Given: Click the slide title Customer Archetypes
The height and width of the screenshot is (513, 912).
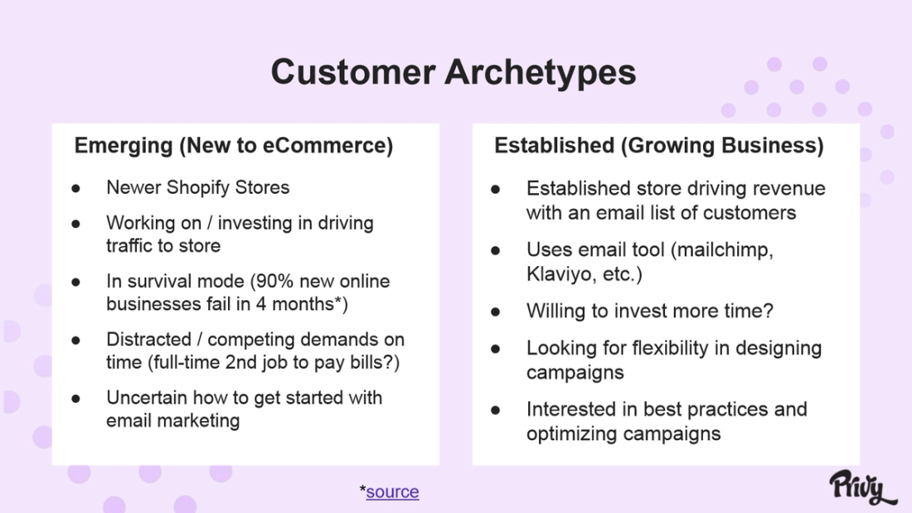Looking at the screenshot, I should click(454, 72).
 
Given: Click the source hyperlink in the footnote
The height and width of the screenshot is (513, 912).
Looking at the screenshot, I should click(392, 491).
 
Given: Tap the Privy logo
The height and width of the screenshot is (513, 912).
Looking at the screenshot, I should click(861, 486).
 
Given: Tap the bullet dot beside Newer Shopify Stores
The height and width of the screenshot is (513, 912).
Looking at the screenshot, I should click(75, 188).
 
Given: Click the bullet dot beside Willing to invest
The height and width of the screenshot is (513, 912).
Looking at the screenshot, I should click(496, 312).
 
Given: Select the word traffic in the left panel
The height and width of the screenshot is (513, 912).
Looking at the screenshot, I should click(129, 246).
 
